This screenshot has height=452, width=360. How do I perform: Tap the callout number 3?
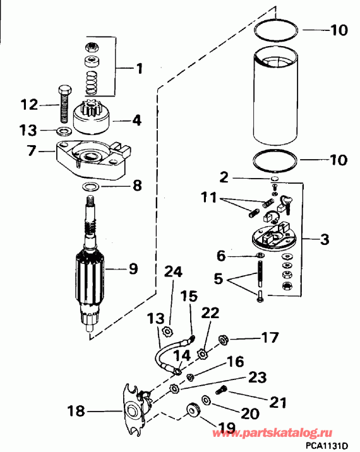(x=325, y=240)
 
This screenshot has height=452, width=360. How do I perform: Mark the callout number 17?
(x=269, y=338)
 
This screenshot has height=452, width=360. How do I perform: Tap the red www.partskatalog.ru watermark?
(x=281, y=434)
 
